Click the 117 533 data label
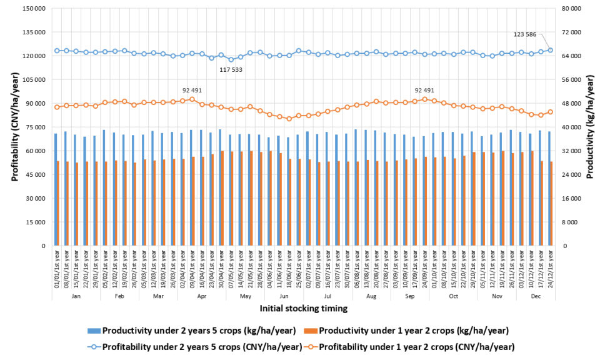(x=231, y=69)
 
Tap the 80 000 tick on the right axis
(x=572, y=9)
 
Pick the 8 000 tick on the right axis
(x=575, y=222)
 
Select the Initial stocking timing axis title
(x=299, y=308)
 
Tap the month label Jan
(x=76, y=296)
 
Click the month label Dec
(x=536, y=296)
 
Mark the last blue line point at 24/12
(x=551, y=50)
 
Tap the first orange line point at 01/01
(x=57, y=107)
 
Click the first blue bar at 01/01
(x=56, y=189)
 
